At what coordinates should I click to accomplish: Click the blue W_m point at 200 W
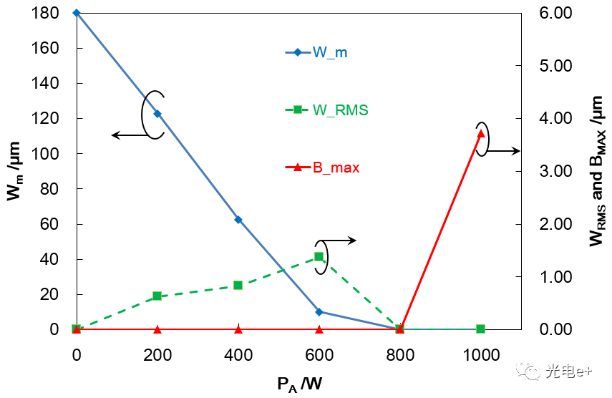point(157,114)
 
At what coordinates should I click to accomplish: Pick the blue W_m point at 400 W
point(238,220)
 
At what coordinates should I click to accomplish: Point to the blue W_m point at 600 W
point(319,312)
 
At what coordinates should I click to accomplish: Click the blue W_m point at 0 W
point(77,13)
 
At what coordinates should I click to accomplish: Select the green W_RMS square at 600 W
point(319,256)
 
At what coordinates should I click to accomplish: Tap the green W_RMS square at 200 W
point(157,296)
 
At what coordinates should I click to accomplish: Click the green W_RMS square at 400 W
point(238,285)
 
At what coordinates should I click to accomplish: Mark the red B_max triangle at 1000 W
point(481,133)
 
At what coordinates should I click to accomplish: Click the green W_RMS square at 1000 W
point(481,329)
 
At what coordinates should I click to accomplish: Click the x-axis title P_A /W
point(299,384)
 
